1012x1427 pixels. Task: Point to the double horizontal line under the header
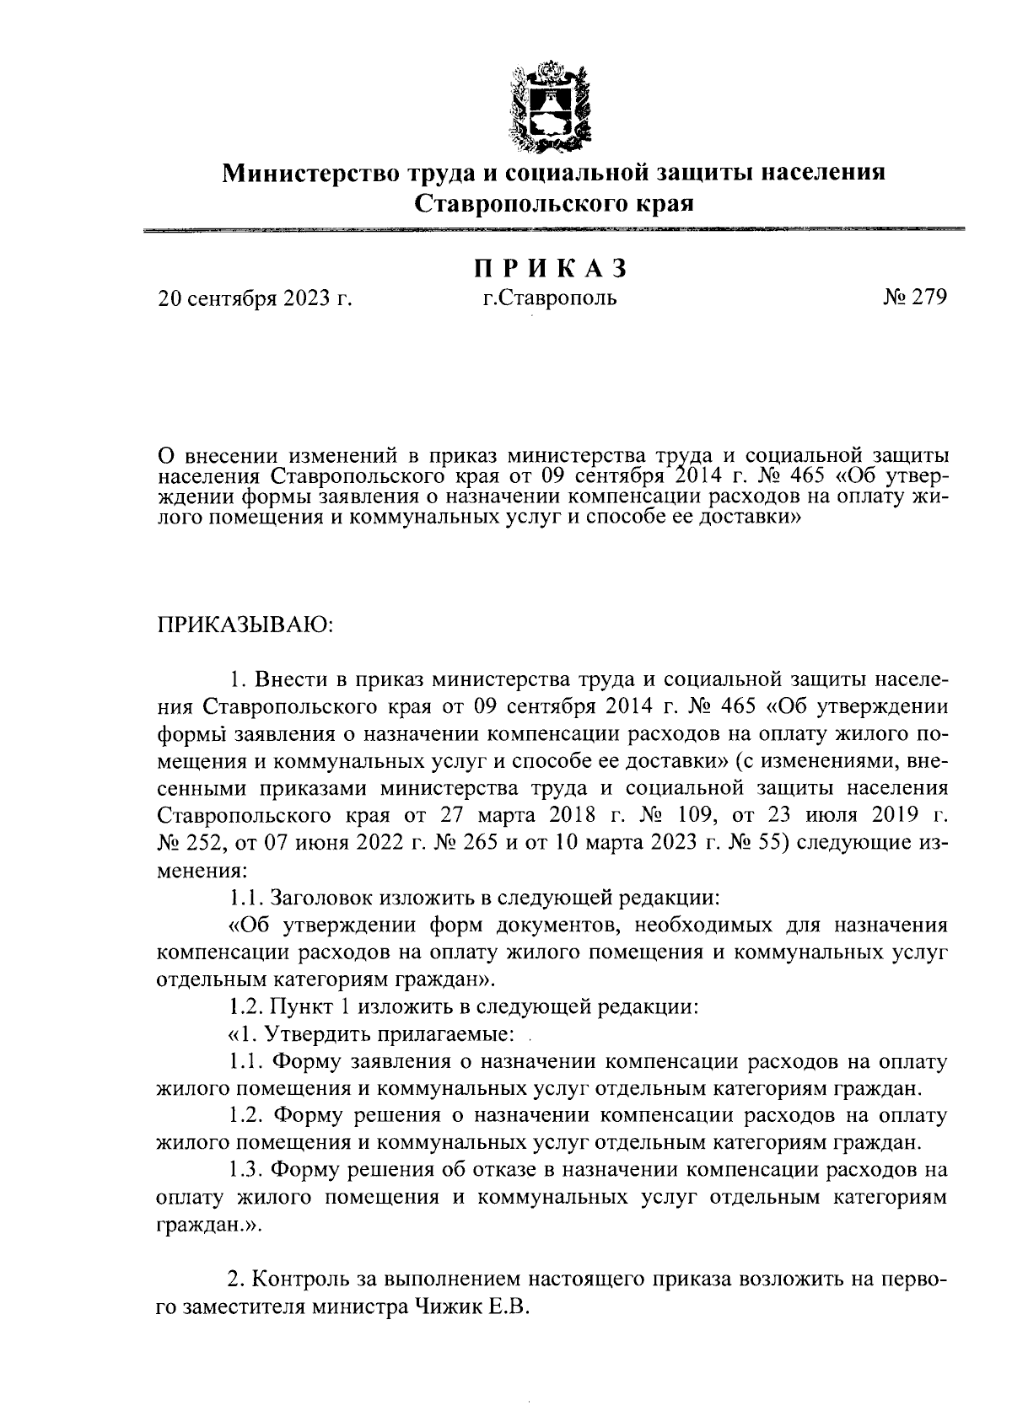tap(553, 229)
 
